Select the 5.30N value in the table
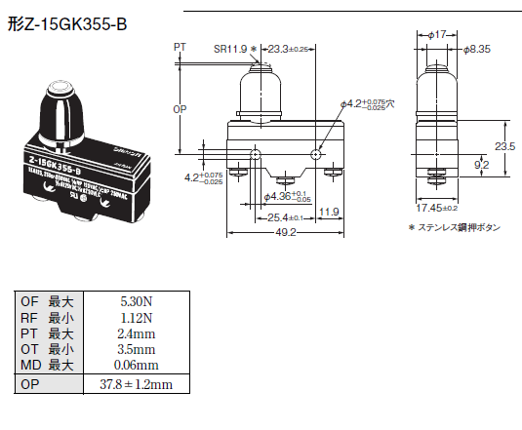128,301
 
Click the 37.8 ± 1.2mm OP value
128,384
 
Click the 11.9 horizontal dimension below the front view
329,212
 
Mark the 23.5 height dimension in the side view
505,147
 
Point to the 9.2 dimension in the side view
482,166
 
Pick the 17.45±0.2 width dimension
438,208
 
